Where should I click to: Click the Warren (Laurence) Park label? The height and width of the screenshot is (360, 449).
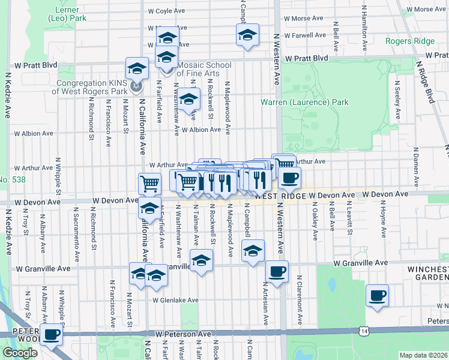pyautogui.click(x=304, y=102)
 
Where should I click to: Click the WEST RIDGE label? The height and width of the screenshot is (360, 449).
pyautogui.click(x=280, y=196)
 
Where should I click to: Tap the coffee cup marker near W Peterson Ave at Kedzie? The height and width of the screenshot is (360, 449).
pyautogui.click(x=51, y=334)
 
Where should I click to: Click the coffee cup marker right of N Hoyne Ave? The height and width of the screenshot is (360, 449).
pyautogui.click(x=378, y=295)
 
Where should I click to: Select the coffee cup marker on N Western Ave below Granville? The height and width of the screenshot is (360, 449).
pyautogui.click(x=277, y=272)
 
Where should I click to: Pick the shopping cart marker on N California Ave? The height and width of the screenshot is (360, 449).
pyautogui.click(x=149, y=184)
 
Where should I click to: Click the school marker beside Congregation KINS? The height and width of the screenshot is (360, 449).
pyautogui.click(x=137, y=68)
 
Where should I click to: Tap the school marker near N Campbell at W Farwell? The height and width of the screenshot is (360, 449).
pyautogui.click(x=247, y=35)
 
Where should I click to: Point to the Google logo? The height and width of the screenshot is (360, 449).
pyautogui.click(x=20, y=353)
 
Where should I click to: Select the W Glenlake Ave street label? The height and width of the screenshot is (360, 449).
pyautogui.click(x=175, y=300)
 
